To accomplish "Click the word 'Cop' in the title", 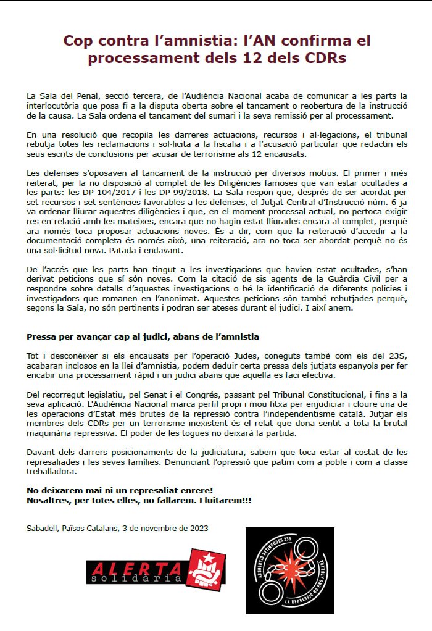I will click(80, 41).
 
